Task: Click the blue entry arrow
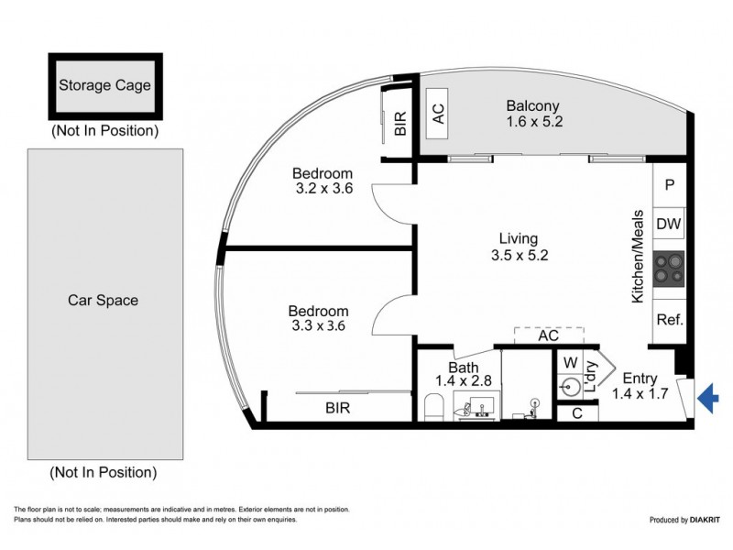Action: [x=707, y=398]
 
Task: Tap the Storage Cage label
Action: [x=104, y=85]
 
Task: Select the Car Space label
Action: [x=103, y=300]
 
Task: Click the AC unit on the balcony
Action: [x=438, y=113]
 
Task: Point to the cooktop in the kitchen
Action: [x=669, y=269]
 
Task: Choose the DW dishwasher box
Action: [x=669, y=224]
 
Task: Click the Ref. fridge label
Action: [x=670, y=320]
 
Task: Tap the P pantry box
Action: [x=670, y=185]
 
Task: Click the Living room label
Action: [x=519, y=238]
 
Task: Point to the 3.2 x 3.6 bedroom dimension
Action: [x=324, y=189]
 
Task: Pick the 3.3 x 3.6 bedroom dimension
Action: [x=318, y=325]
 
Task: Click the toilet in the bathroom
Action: [x=433, y=407]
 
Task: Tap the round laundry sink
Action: [x=571, y=387]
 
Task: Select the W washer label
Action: [x=570, y=362]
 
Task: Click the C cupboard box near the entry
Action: [x=577, y=413]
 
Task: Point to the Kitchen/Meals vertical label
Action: [x=638, y=257]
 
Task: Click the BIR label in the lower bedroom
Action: [x=337, y=408]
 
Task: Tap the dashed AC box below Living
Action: [x=549, y=335]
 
